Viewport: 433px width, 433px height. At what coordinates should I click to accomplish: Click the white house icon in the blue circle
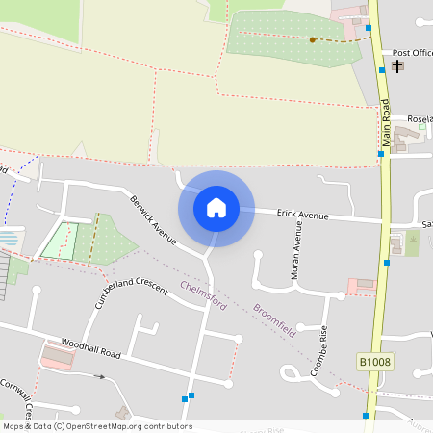coord(216,207)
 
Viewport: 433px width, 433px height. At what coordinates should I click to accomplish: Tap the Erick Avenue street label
coord(303,215)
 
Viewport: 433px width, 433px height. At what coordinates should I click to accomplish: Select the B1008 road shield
coord(375,362)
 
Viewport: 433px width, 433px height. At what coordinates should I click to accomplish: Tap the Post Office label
coord(413,52)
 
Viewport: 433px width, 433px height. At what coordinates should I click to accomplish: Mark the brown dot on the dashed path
coord(313,39)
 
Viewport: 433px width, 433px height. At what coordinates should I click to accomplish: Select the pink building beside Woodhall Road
coord(57,356)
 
